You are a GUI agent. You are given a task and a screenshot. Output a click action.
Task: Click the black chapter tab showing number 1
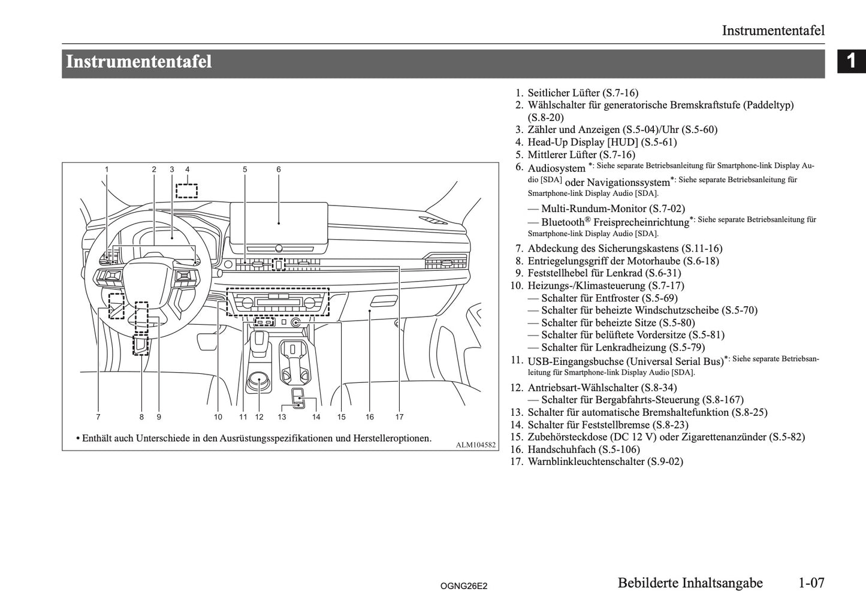pos(851,62)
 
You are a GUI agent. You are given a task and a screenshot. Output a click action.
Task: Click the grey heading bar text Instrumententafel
pos(138,62)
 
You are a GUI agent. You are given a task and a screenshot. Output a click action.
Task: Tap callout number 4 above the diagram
pos(187,170)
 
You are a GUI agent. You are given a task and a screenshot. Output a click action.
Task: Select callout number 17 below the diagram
pos(399,417)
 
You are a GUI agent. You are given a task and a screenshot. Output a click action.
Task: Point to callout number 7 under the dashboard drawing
pos(98,417)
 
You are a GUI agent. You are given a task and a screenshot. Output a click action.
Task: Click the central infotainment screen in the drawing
pos(279,223)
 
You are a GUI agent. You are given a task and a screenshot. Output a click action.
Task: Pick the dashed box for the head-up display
pos(187,191)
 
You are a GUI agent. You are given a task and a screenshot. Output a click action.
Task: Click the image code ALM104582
pos(476,445)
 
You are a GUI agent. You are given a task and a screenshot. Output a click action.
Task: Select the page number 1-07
pos(811,583)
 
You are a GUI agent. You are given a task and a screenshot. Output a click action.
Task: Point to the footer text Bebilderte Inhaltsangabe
pos(689,583)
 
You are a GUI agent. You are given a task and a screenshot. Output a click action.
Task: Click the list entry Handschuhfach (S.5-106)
pos(583,449)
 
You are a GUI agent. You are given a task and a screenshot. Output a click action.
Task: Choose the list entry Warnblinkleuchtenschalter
pos(605,461)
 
